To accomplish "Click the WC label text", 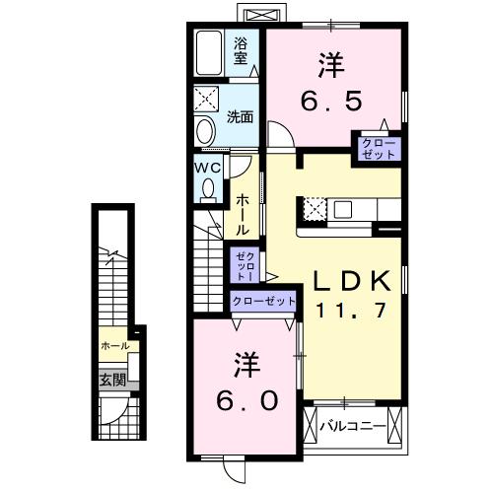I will (207, 167).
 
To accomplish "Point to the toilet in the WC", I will (207, 190).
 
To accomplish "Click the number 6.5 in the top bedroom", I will (331, 99).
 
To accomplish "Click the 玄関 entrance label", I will (111, 379).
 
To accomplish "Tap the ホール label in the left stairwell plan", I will (114, 346).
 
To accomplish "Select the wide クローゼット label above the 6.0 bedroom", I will (263, 301).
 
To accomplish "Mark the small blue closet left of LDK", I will (245, 264).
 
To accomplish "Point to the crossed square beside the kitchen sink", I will (315, 209).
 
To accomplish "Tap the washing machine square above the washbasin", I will (208, 101).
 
